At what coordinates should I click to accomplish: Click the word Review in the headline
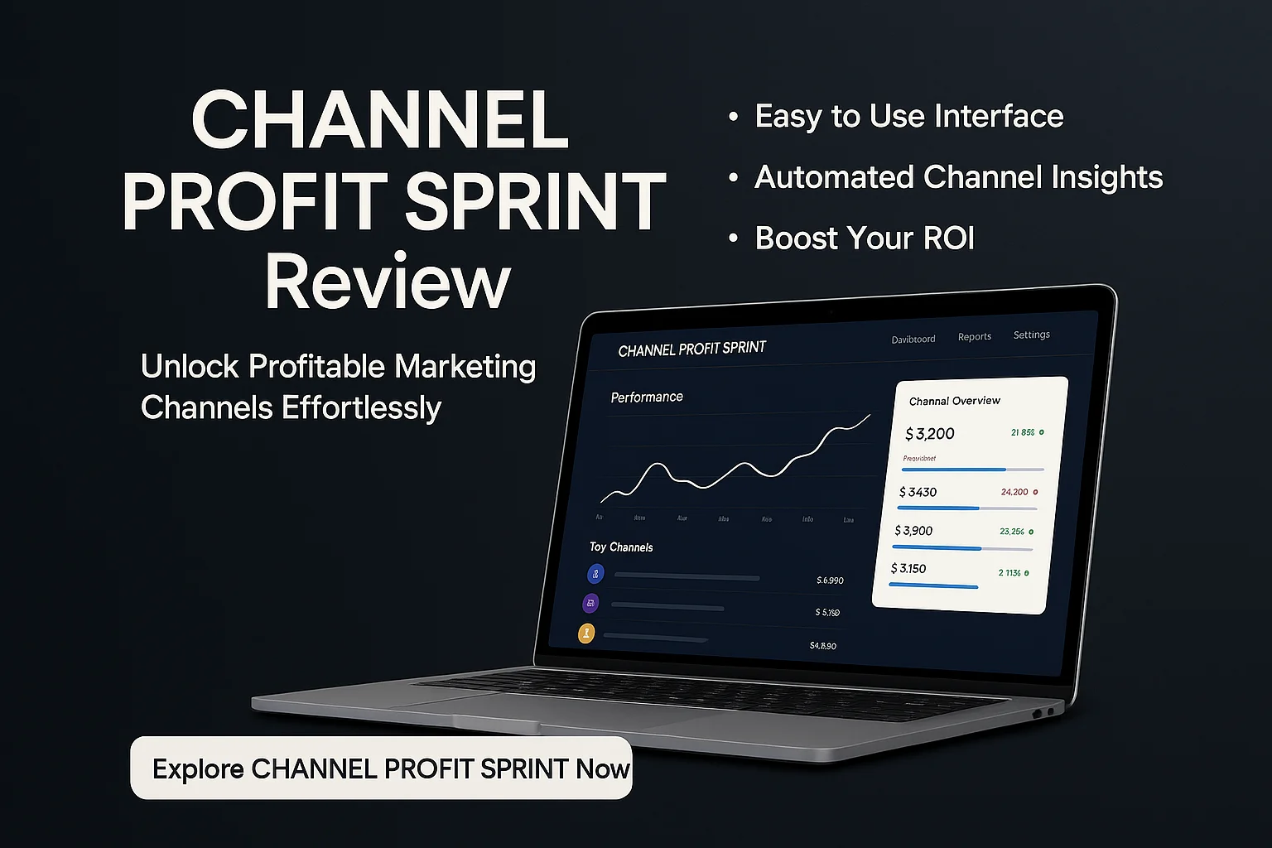coord(388,282)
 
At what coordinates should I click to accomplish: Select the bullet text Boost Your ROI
coord(865,238)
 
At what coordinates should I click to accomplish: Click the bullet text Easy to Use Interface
coord(908,117)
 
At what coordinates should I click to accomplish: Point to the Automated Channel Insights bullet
coord(958,177)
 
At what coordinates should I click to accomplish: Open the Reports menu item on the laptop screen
coord(974,337)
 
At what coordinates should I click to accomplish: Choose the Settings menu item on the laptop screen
coord(1031,335)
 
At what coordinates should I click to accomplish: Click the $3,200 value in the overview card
coord(930,434)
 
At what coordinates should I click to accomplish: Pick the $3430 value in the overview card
coord(918,492)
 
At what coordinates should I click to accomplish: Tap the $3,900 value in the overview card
coord(914,531)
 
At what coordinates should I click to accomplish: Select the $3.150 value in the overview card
coord(908,569)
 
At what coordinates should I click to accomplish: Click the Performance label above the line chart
coord(647,397)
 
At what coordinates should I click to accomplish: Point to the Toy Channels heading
coord(621,547)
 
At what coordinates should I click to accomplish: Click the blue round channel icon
coord(595,573)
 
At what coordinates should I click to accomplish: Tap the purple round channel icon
coord(591,603)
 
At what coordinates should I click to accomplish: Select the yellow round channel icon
coord(586,634)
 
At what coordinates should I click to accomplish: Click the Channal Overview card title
coord(955,401)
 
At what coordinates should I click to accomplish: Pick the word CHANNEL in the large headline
coord(380,121)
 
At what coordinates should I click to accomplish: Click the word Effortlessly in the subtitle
coord(362,407)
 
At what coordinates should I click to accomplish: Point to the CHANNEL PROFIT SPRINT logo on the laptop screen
coord(692,349)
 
